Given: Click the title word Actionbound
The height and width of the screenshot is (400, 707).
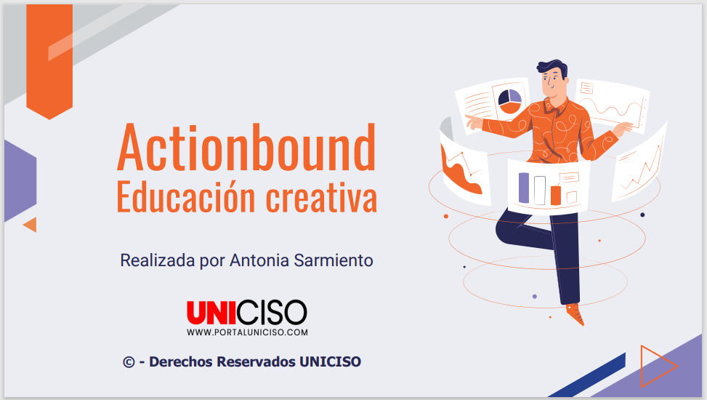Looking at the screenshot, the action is pos(246,147).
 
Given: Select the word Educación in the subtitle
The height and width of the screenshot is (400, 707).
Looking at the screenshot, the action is pos(186,197).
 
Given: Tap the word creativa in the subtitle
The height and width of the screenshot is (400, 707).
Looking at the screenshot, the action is pos(321,197).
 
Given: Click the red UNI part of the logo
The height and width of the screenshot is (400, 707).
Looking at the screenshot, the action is pos(211,313).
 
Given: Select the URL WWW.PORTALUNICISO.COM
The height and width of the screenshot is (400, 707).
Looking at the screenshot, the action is pos(248,332).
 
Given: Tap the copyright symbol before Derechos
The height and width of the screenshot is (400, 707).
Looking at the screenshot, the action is pos(129,362).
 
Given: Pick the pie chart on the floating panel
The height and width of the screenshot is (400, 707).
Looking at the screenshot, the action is pos(509,101).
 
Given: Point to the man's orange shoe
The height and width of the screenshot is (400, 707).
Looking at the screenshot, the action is pos(575,313).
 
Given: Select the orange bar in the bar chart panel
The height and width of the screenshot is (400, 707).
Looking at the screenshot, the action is pos(555,195).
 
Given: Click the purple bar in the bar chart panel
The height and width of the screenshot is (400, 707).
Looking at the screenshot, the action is pos(523,188).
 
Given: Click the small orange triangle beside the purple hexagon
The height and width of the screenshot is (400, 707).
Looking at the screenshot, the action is pos(31,225).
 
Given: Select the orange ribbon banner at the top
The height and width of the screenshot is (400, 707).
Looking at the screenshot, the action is pos(49,61).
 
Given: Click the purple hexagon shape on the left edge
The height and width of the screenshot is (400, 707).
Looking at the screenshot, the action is pos(20,180).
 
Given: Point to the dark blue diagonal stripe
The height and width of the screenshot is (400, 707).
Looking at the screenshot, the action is pos(587,375).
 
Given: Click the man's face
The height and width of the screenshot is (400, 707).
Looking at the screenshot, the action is pos(553,84).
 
